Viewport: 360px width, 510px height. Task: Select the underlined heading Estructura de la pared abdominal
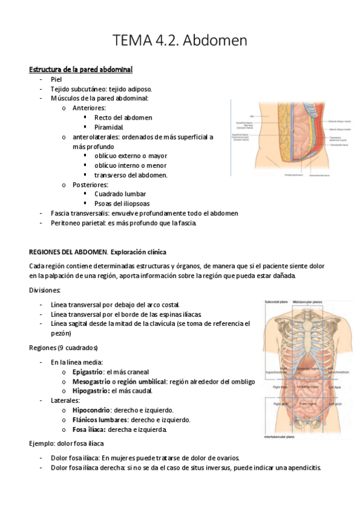[x=81, y=70]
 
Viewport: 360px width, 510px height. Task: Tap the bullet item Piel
[x=56, y=79]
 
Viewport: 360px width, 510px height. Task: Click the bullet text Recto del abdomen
[x=123, y=118]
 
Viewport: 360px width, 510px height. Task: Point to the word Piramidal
[x=108, y=127]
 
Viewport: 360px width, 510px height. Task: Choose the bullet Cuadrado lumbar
[x=120, y=194]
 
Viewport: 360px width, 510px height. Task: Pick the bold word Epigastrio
[x=88, y=372]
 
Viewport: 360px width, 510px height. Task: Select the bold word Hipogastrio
[x=90, y=392]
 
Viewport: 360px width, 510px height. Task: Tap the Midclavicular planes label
[x=308, y=302]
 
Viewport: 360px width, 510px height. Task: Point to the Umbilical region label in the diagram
[x=310, y=387]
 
